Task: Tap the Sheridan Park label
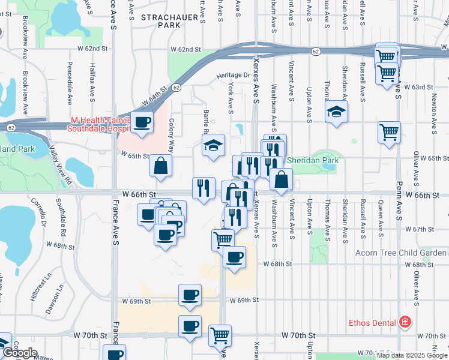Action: (x=312, y=160)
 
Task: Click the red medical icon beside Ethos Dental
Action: (x=405, y=323)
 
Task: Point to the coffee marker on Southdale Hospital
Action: (x=142, y=123)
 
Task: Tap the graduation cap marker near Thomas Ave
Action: (x=337, y=112)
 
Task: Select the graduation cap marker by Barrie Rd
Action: (x=212, y=145)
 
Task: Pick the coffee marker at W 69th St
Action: (x=190, y=295)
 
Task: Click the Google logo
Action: (x=20, y=353)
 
